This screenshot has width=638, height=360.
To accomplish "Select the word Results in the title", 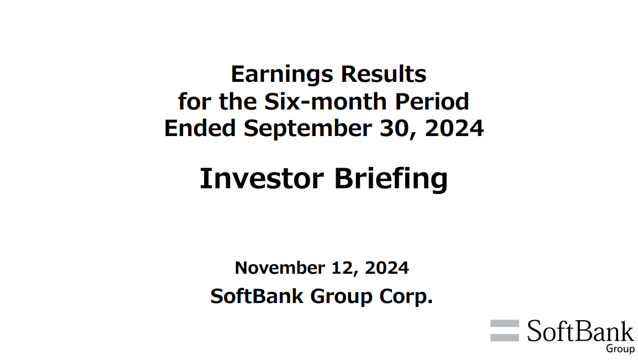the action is pos(383,74).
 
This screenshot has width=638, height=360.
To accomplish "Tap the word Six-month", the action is pos(325,101).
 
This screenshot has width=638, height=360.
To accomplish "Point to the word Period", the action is pos(432,101).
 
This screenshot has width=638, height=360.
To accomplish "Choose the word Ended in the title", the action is pos(200,128).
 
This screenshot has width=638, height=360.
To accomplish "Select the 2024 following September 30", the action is pos(454,128).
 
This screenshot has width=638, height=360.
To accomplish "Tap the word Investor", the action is pos(262,179).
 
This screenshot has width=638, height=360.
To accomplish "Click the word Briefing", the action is pos(391,180).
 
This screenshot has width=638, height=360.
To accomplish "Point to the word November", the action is pos(280,268).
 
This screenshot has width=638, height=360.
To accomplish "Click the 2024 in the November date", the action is pos(386,268).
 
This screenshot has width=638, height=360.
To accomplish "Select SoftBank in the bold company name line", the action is pos(257,296).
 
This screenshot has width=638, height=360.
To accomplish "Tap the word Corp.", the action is pos(406,297).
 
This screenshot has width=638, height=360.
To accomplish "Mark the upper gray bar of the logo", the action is pos(505,324).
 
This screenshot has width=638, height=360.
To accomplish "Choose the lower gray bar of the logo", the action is pos(505,337).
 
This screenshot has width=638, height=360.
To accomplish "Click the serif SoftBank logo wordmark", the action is pos(581,331).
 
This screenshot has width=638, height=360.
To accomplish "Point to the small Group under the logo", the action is pos(620,348).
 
